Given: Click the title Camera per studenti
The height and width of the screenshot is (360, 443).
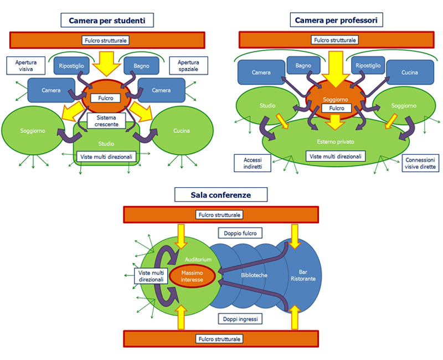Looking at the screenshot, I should pos(107,21).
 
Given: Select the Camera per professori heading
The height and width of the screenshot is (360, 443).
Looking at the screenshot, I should pos(337,20).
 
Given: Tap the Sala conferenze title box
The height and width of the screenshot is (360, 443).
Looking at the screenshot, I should pos(221,194).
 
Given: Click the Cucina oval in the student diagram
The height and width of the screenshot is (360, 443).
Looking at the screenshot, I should pos(181,131).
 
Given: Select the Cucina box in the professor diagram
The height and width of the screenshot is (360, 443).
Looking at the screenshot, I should pos(410,73).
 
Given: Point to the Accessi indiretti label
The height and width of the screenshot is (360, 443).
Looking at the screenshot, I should pos(253,163).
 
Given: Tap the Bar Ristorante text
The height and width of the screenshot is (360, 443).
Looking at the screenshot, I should pos(303,275).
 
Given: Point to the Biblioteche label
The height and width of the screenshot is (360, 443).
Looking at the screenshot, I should pos(255,275).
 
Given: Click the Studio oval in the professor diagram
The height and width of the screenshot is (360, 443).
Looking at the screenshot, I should pos(267,105).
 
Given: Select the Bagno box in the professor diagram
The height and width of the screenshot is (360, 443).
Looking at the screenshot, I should pos(303,66).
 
